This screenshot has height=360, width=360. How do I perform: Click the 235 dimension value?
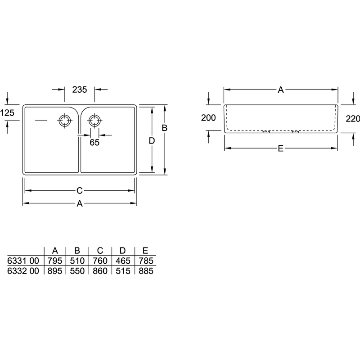pyautogui.click(x=80, y=90)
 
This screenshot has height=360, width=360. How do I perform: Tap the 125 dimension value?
pyautogui.click(x=7, y=113)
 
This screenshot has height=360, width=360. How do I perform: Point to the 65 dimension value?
pyautogui.click(x=94, y=142)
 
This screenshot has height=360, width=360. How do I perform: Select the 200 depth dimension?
pyautogui.click(x=208, y=118)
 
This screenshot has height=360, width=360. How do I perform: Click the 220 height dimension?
pyautogui.click(x=353, y=119)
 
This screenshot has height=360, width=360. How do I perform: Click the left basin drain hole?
pyautogui.click(x=64, y=121)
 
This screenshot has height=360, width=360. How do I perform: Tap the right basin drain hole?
pyautogui.click(x=94, y=121)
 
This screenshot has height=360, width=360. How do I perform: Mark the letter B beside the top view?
pyautogui.click(x=164, y=128)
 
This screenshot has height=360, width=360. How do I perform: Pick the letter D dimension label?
pyautogui.click(x=152, y=141)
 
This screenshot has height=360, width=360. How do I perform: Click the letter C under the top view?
pyautogui.click(x=80, y=190)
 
